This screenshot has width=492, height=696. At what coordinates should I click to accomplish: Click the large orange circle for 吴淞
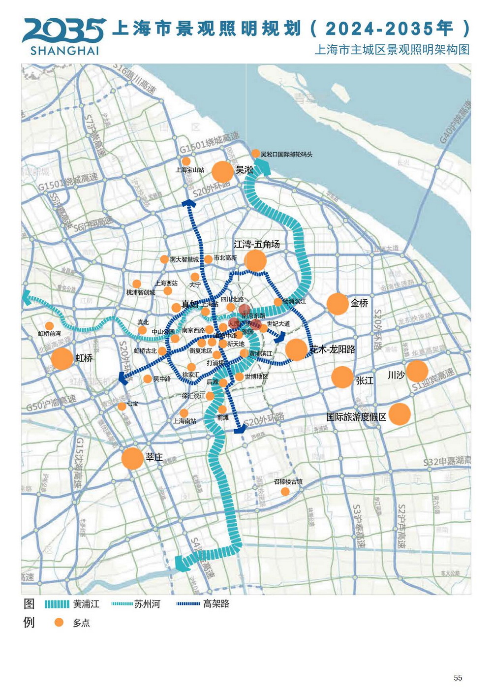coord(222,172)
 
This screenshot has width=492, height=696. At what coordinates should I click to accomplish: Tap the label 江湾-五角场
coord(256,244)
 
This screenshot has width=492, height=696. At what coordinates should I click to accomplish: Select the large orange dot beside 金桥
coord(338,304)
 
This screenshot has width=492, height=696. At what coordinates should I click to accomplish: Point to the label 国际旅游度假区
coord(356,417)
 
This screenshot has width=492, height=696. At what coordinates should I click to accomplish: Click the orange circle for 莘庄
coord(132,458)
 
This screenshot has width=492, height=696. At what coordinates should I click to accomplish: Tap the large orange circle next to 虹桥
coord(62,358)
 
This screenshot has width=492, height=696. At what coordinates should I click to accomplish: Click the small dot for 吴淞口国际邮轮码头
coord(255,154)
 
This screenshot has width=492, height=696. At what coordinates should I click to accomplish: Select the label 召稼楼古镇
coord(288,482)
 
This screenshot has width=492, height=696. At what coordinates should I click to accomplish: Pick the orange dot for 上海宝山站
coord(186,161)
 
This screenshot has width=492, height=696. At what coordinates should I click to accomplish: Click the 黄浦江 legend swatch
coord(57,604)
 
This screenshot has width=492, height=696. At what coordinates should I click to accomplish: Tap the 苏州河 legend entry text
coord(147,604)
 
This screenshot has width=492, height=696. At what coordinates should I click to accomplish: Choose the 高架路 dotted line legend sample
coord(188,604)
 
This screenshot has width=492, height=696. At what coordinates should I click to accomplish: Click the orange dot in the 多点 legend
coord(59,623)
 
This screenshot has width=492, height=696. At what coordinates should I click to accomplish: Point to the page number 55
coord(458,678)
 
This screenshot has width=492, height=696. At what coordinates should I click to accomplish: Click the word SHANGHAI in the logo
coord(64,51)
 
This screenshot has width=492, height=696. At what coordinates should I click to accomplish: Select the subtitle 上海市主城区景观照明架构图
coord(392,50)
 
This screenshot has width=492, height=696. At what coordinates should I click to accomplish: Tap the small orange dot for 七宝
coord(122,407)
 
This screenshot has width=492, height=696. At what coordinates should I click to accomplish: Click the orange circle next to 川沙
coord(417,371)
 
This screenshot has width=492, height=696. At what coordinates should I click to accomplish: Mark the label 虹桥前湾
coord(49,334)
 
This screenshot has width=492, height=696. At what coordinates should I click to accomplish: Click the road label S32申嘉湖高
coord(447,462)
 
